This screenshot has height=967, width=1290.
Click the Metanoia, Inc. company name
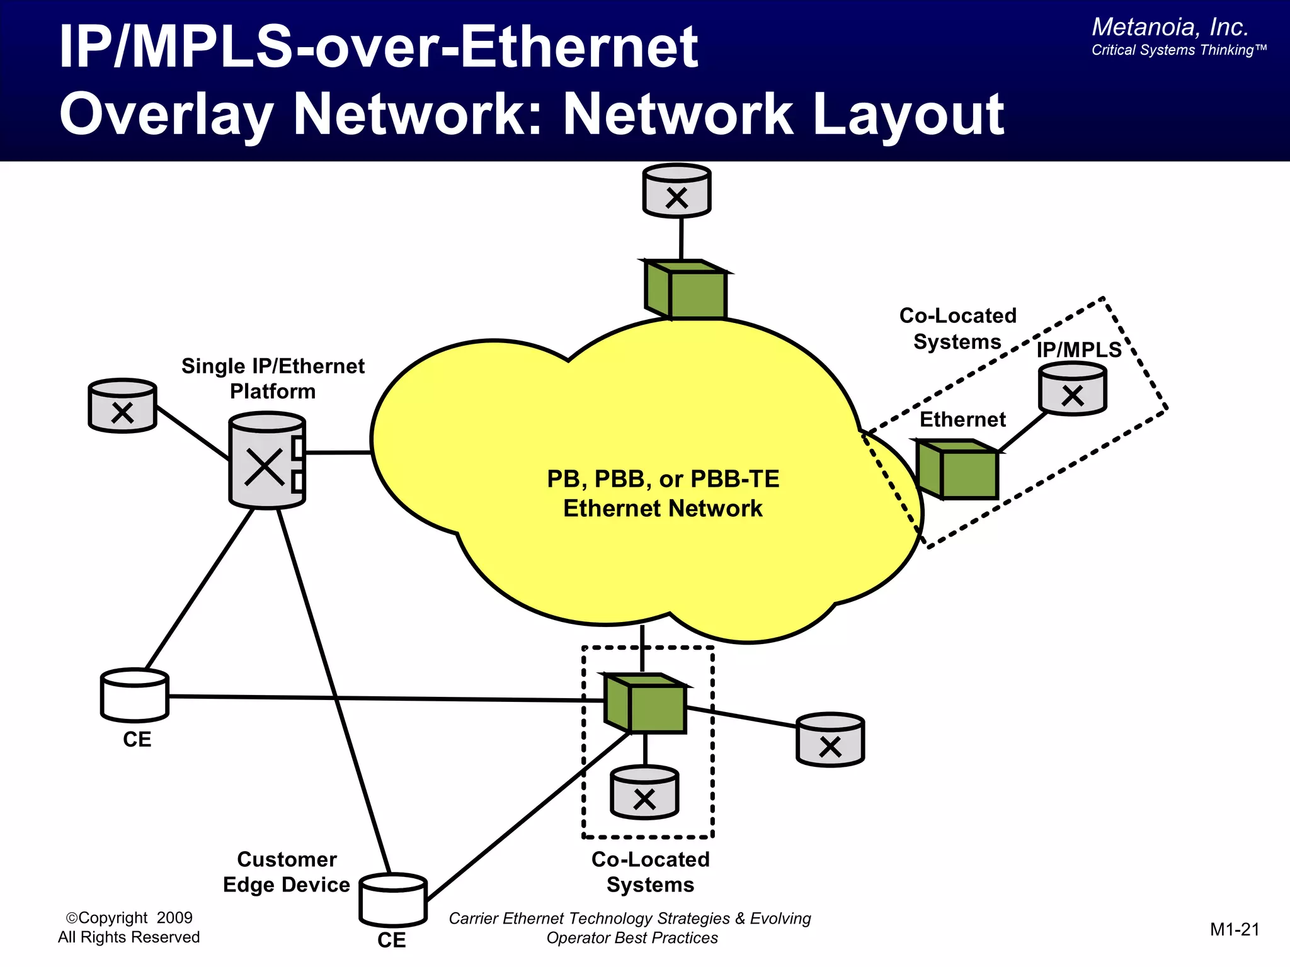[1170, 27]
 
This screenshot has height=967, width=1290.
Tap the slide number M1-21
[1234, 930]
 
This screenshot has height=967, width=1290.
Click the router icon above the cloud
[676, 191]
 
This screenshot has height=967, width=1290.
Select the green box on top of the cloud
[687, 290]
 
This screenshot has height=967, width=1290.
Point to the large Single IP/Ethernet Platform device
[267, 461]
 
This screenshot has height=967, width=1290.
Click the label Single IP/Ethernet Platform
[273, 378]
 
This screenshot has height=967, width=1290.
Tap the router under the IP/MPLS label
[1072, 390]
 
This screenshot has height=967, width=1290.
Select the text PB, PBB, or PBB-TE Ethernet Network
[663, 494]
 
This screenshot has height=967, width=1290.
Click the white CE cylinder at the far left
[135, 695]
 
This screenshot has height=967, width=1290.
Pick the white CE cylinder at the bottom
[393, 900]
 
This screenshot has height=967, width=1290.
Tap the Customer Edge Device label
[287, 872]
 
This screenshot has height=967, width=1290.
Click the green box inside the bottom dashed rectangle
[646, 704]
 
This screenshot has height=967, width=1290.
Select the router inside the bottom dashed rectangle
[644, 793]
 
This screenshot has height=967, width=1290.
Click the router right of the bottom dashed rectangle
[830, 740]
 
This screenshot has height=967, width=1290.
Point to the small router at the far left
[122, 406]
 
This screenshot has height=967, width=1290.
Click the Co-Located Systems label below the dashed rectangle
[650, 872]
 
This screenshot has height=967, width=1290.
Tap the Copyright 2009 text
[129, 918]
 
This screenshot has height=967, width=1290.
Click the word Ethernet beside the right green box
[962, 419]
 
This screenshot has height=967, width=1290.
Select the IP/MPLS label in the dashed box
[1079, 349]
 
